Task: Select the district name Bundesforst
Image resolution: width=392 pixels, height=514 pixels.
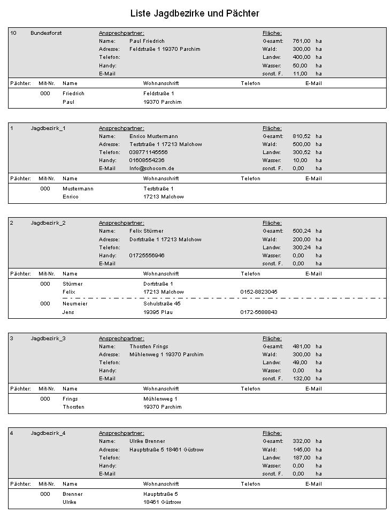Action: pyautogui.click(x=46, y=33)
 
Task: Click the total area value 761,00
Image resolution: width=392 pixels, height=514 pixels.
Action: pyautogui.click(x=301, y=41)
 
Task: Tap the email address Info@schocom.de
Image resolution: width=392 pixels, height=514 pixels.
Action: pyautogui.click(x=152, y=168)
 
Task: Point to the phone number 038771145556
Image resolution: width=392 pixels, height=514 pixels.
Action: pyautogui.click(x=148, y=152)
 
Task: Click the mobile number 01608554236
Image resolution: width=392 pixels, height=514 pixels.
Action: pyautogui.click(x=147, y=160)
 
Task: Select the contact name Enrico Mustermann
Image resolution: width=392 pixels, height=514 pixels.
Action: pyautogui.click(x=153, y=136)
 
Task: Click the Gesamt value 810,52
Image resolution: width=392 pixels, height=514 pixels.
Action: pyautogui.click(x=301, y=136)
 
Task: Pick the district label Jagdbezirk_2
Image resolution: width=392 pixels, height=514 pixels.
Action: pyautogui.click(x=48, y=223)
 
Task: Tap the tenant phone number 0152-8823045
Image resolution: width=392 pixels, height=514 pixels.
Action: pyautogui.click(x=259, y=292)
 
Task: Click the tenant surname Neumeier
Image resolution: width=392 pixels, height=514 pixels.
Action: pyautogui.click(x=75, y=304)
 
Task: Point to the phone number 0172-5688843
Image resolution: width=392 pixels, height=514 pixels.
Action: pyautogui.click(x=259, y=312)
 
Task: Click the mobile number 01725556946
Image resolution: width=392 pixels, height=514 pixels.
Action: pyautogui.click(x=147, y=256)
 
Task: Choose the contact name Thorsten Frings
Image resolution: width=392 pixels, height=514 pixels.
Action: pyautogui.click(x=149, y=347)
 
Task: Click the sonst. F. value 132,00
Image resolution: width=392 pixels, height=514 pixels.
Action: pyautogui.click(x=301, y=379)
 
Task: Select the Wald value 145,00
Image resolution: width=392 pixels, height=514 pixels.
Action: pyautogui.click(x=301, y=450)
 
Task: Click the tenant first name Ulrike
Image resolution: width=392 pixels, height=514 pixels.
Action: pyautogui.click(x=70, y=502)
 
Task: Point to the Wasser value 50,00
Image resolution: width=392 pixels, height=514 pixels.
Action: pyautogui.click(x=300, y=65)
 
